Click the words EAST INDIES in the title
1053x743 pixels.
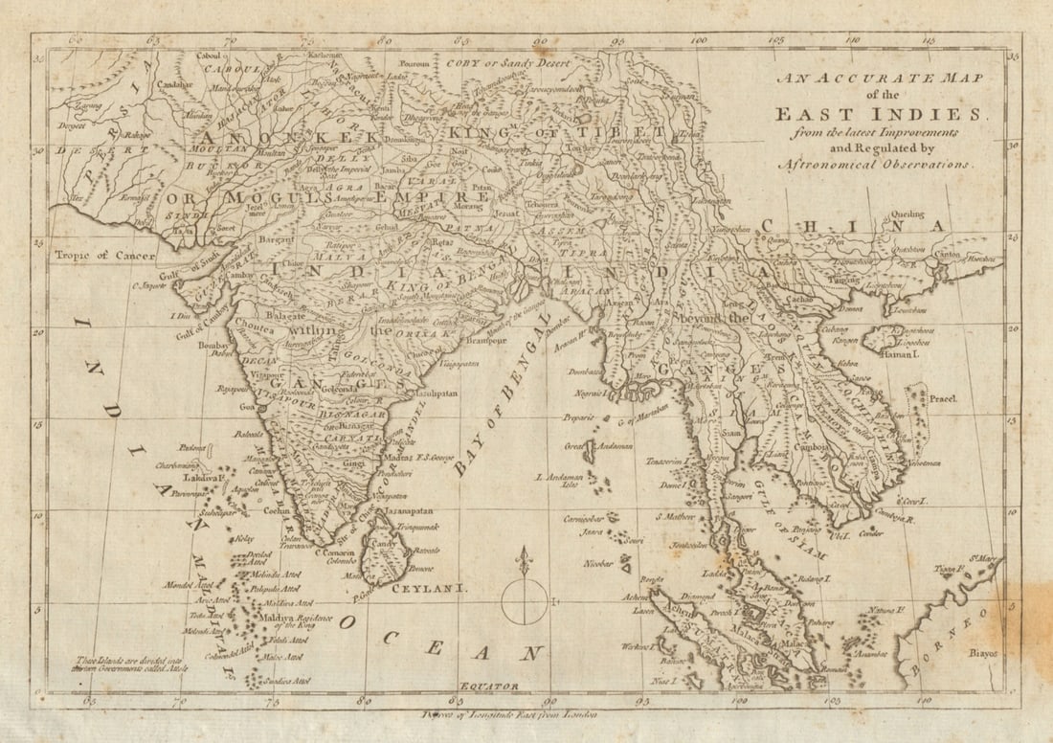pyautogui.click(x=879, y=114)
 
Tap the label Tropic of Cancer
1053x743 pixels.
pyautogui.click(x=97, y=256)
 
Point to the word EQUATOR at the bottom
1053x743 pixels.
pyautogui.click(x=488, y=686)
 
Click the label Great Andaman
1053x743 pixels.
pyautogui.click(x=585, y=446)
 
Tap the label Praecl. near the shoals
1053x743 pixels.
pyautogui.click(x=942, y=397)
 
